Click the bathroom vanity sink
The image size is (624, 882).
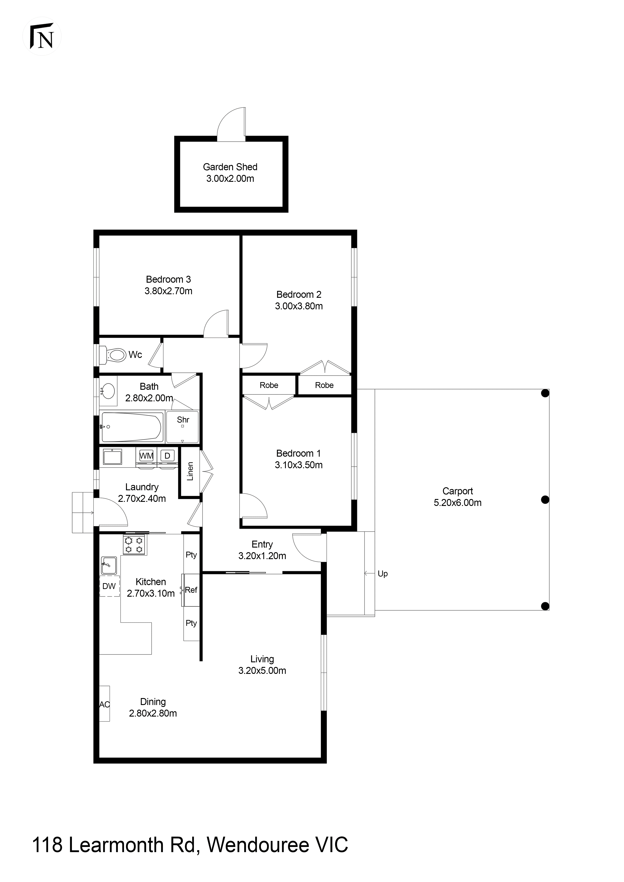click(x=109, y=391)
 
